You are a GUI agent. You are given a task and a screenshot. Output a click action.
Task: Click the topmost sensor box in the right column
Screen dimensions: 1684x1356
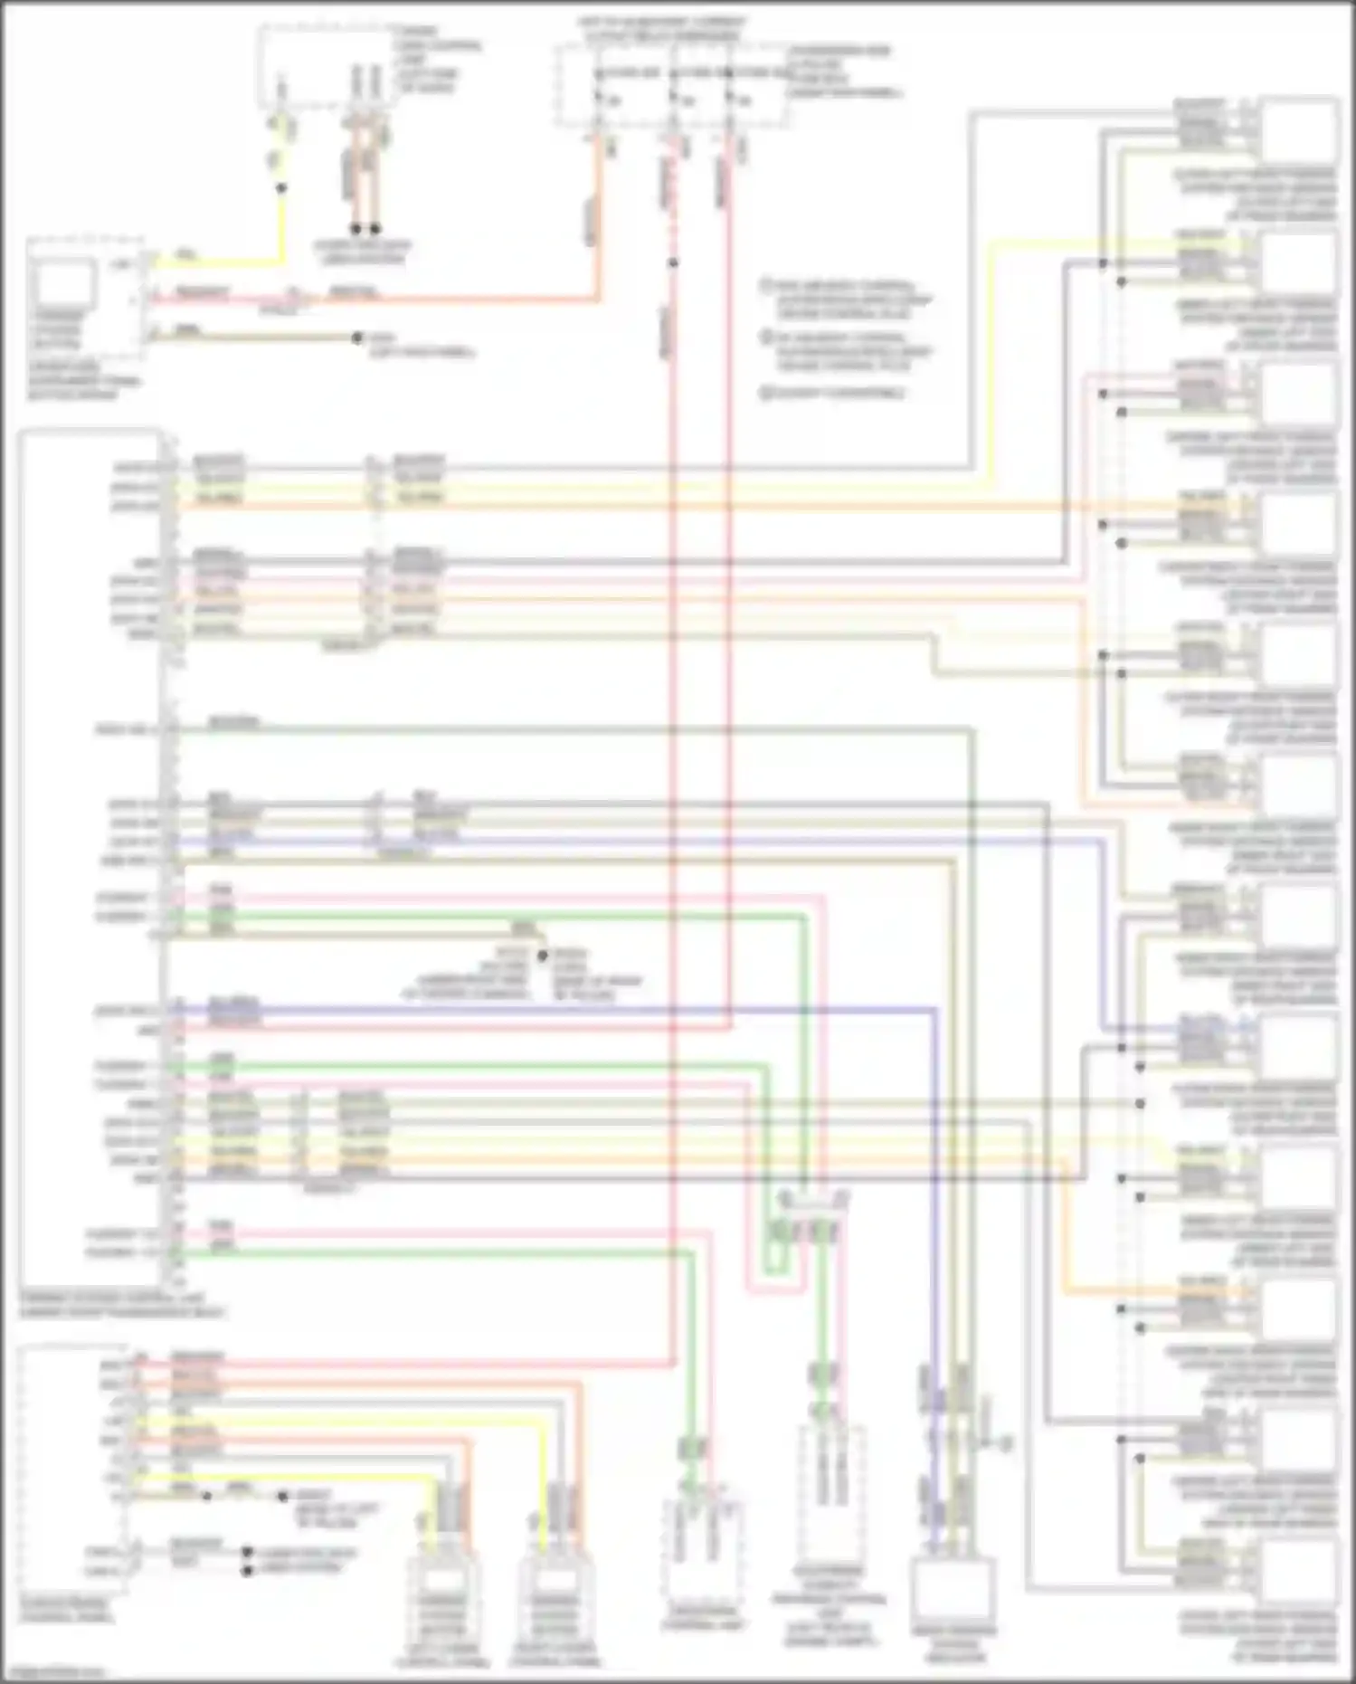click(x=1299, y=132)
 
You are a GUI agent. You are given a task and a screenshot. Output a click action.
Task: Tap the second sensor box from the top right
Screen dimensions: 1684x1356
click(x=1299, y=263)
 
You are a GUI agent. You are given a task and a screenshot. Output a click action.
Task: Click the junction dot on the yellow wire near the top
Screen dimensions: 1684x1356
click(x=281, y=188)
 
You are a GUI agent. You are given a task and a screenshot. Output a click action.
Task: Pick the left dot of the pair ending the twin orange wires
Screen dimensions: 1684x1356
click(x=356, y=229)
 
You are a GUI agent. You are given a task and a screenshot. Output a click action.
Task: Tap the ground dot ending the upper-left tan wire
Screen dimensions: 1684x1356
click(x=359, y=338)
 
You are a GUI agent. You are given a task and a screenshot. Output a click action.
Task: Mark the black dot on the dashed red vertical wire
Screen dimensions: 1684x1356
click(x=673, y=263)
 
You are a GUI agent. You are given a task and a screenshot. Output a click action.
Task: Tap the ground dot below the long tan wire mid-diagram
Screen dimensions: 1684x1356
click(x=542, y=956)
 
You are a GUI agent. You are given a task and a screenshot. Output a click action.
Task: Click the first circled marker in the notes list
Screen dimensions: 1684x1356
click(x=765, y=285)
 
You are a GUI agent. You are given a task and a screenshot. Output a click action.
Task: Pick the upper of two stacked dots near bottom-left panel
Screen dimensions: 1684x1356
click(x=247, y=1553)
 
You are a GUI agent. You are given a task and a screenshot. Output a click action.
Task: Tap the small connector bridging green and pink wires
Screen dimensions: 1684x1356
click(x=813, y=1199)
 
